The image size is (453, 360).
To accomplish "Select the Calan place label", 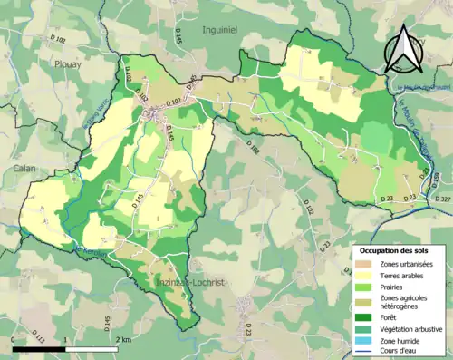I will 24,169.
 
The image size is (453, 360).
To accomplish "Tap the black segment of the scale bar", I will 41,346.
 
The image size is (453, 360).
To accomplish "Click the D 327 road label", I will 442,199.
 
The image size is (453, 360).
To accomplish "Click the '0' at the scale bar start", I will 14,337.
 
